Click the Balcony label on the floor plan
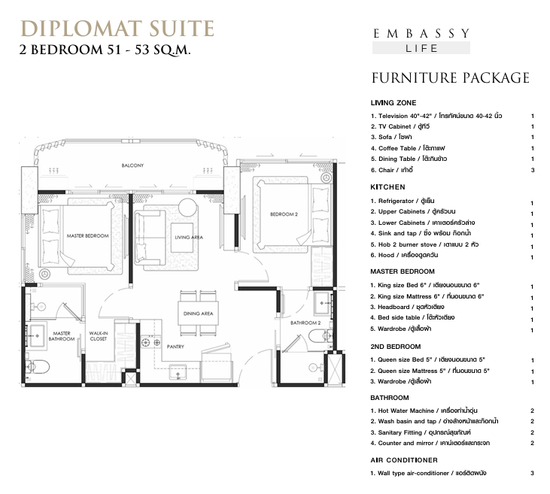(x=132, y=165)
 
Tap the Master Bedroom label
(x=88, y=236)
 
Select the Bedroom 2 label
(x=284, y=214)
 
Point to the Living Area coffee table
(x=182, y=238)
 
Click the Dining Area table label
(x=198, y=314)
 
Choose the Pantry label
(x=175, y=347)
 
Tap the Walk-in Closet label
(x=99, y=336)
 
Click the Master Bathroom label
(x=62, y=336)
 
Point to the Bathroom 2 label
(x=305, y=323)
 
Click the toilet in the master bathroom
(x=38, y=367)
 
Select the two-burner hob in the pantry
(x=151, y=342)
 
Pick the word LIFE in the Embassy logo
(x=421, y=48)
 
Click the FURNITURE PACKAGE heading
(x=451, y=78)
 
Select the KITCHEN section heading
(x=387, y=187)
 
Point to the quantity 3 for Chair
(x=533, y=171)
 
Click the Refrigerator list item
(x=403, y=201)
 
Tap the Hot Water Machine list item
(x=424, y=411)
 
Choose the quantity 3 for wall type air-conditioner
(x=532, y=473)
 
